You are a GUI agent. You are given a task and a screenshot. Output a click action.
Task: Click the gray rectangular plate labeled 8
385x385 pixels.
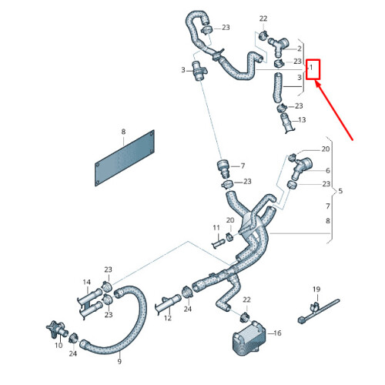(x=126, y=159)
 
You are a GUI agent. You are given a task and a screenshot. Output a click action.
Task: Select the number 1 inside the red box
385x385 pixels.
(x=311, y=69)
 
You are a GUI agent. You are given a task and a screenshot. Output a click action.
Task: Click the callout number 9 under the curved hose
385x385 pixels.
(x=119, y=360)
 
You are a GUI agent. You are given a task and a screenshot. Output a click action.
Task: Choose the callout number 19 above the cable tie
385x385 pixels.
(x=316, y=290)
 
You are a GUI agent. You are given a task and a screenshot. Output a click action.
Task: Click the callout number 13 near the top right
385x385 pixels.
(x=301, y=120)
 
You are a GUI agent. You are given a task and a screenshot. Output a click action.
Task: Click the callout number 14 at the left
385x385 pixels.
(x=87, y=282)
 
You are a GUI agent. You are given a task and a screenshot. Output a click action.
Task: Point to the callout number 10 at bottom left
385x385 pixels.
(x=59, y=346)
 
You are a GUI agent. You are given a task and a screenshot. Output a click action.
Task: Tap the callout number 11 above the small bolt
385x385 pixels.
(x=216, y=228)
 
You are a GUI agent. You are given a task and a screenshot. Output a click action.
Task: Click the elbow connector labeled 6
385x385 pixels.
(x=300, y=164)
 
